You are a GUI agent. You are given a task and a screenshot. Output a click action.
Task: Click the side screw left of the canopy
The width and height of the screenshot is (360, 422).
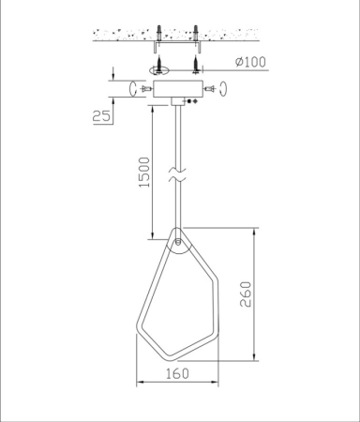coord(143,86)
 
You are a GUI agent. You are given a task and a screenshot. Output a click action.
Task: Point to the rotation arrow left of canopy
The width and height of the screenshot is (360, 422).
coord(130,86)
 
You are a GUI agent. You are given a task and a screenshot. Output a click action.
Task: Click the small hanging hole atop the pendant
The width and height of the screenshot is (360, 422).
coord(177,241)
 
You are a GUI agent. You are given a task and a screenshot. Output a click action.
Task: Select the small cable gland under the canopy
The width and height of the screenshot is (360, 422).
coord(177,104)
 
